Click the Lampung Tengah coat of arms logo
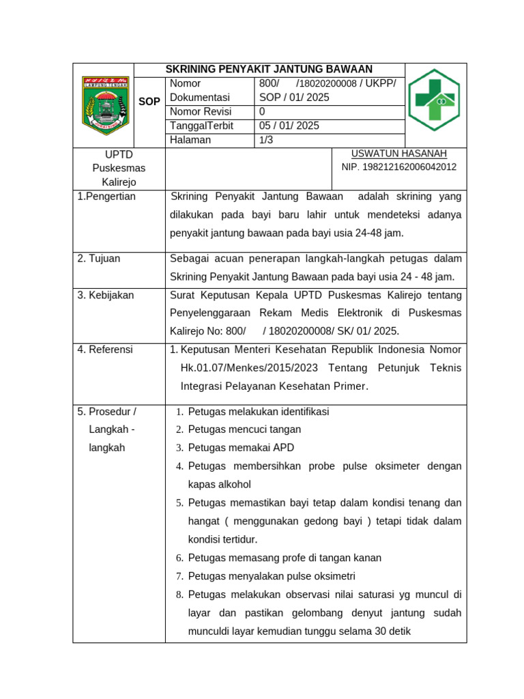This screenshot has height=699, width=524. pos(105,105)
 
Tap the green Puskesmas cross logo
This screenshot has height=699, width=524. pos(434,100)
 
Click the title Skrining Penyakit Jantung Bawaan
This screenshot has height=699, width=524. pos(270,69)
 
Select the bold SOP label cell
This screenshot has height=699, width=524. pos(149,102)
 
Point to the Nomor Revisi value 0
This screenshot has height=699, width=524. pos(263,111)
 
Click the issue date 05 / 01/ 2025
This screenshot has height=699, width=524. pos(289,126)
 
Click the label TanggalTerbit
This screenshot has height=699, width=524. pos(201,126)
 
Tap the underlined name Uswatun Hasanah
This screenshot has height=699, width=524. pos(399,154)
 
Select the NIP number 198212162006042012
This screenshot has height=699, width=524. pos(399,167)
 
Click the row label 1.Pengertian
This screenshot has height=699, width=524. pos(106,197)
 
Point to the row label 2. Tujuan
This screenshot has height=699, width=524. pos(99,259)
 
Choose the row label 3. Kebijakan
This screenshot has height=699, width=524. pos(106,295)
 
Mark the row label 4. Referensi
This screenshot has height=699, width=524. pos(106,349)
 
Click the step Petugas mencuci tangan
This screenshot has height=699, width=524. pos(244,429)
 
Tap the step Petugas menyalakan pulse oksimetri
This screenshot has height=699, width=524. pos(272,576)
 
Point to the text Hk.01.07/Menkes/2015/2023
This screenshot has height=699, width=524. pos(250,368)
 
